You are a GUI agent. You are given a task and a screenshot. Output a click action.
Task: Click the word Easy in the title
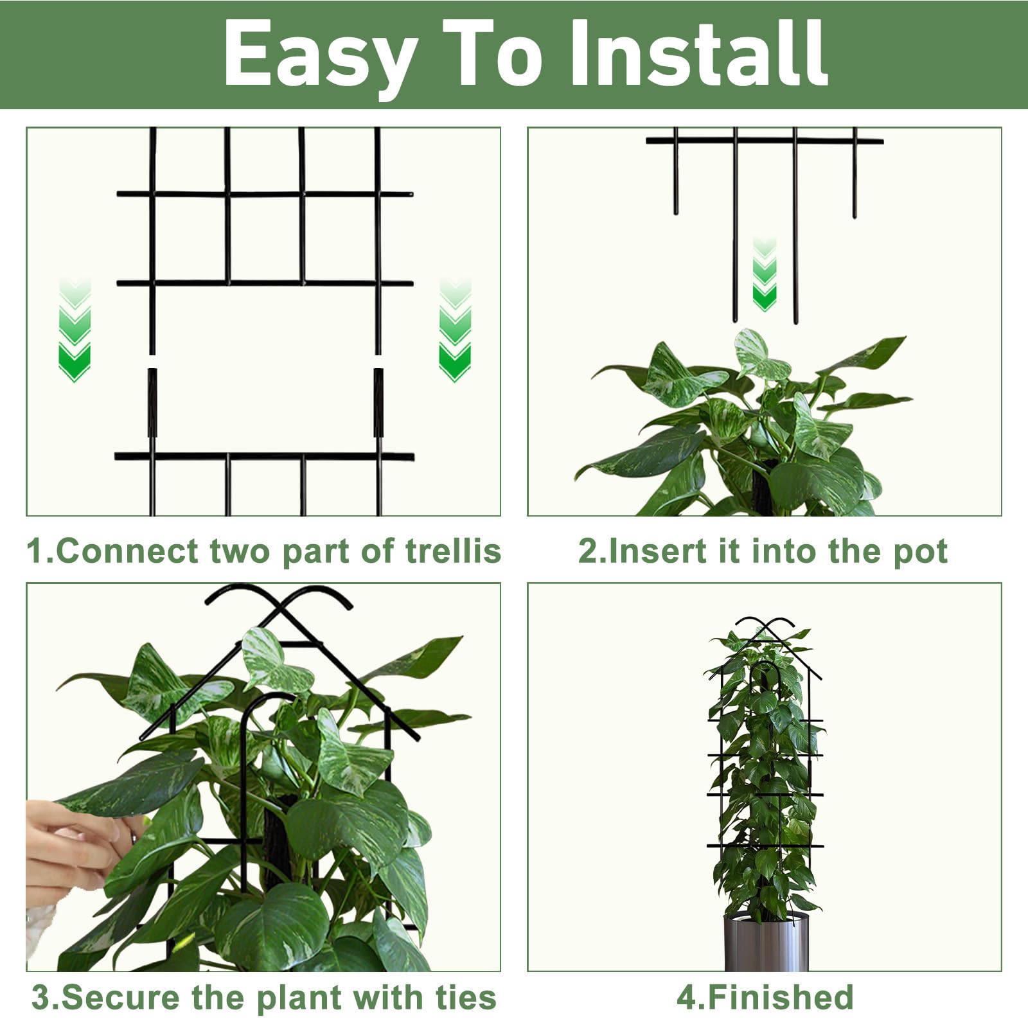pyautogui.click(x=320, y=57)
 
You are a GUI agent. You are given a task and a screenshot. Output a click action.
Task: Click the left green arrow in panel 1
pyautogui.click(x=75, y=330)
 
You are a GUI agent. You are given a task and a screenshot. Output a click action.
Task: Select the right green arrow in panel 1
pyautogui.click(x=455, y=330)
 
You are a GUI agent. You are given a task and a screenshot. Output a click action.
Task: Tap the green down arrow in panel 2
pyautogui.click(x=765, y=274)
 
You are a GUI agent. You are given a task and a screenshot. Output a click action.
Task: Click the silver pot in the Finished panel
pyautogui.click(x=766, y=942)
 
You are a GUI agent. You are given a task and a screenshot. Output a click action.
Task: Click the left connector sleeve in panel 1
pyautogui.click(x=152, y=403)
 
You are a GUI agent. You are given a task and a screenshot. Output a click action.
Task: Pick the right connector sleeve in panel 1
pyautogui.click(x=378, y=403)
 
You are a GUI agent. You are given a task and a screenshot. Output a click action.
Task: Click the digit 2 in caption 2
pyautogui.click(x=587, y=551)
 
